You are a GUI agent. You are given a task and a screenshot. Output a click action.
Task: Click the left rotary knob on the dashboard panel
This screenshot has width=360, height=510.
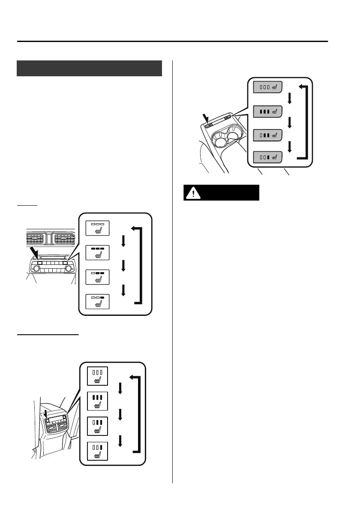(36, 269)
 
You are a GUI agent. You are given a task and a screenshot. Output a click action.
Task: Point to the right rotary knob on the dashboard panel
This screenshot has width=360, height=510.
(68, 269)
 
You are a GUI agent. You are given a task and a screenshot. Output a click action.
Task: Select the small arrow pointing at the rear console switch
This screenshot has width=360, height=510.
(46, 413)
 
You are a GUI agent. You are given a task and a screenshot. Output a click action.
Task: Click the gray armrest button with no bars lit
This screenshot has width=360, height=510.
(267, 88)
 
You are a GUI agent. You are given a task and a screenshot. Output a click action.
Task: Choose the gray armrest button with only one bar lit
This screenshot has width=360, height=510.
(267, 157)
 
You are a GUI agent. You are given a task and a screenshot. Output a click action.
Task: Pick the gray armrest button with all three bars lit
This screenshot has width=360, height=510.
(267, 111)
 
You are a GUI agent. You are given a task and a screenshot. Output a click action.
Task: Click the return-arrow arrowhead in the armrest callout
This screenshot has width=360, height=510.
(302, 87)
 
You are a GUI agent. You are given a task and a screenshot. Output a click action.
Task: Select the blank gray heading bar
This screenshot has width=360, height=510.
(89, 68)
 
